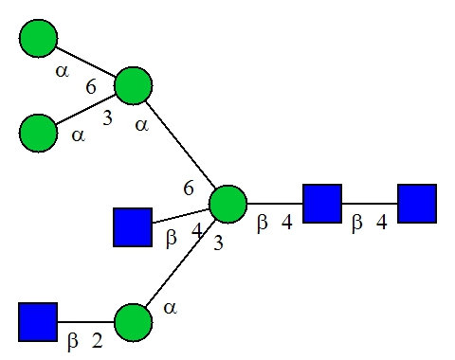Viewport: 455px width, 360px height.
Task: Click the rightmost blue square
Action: [417, 204]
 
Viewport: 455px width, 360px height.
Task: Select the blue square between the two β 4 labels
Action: [322, 204]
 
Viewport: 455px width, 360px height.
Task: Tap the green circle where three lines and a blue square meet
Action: [227, 205]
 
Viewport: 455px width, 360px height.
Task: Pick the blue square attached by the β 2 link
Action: [38, 322]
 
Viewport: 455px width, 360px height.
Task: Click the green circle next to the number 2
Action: [133, 322]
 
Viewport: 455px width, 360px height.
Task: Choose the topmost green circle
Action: [38, 39]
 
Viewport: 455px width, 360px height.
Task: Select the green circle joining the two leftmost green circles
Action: [133, 85]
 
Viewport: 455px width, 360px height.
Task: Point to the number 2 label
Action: [98, 341]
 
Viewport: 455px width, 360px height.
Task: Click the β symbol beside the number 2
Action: [73, 342]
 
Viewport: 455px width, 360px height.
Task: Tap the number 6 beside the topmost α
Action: [91, 86]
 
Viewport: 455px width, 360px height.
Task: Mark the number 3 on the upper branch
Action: [107, 118]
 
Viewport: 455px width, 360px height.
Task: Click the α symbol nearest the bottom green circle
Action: [170, 307]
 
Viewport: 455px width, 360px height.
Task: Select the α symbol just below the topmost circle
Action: [62, 71]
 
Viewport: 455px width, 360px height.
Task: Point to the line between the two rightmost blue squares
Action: [370, 204]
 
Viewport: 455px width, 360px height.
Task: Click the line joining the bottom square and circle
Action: [85, 322]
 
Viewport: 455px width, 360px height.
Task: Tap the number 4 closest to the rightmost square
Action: [381, 222]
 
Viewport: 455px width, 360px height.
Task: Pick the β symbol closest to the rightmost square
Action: [357, 223]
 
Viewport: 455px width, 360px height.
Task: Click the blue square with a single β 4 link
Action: [133, 227]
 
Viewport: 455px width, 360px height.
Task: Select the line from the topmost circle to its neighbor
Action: [86, 62]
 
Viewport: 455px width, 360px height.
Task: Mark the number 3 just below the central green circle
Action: [218, 243]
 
